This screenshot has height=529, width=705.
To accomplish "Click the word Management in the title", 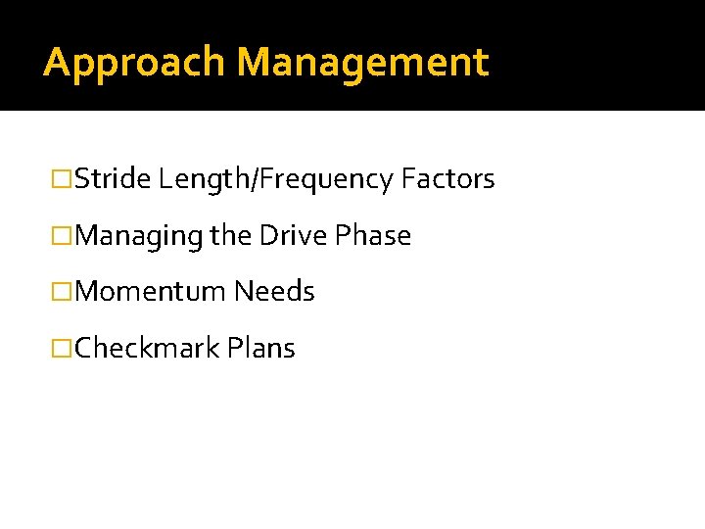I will [x=362, y=63].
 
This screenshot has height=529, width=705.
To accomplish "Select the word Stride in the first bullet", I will [x=113, y=179].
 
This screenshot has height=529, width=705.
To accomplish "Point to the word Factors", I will [x=448, y=179].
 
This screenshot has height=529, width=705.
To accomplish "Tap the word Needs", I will [x=274, y=292].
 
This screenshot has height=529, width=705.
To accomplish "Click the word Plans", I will [x=260, y=349].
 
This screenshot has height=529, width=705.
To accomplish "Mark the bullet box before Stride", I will [x=62, y=180].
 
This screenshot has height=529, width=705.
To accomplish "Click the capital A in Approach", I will [x=57, y=63].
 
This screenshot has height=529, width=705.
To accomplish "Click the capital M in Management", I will [x=255, y=63].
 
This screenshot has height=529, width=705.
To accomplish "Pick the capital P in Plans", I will [x=233, y=349].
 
